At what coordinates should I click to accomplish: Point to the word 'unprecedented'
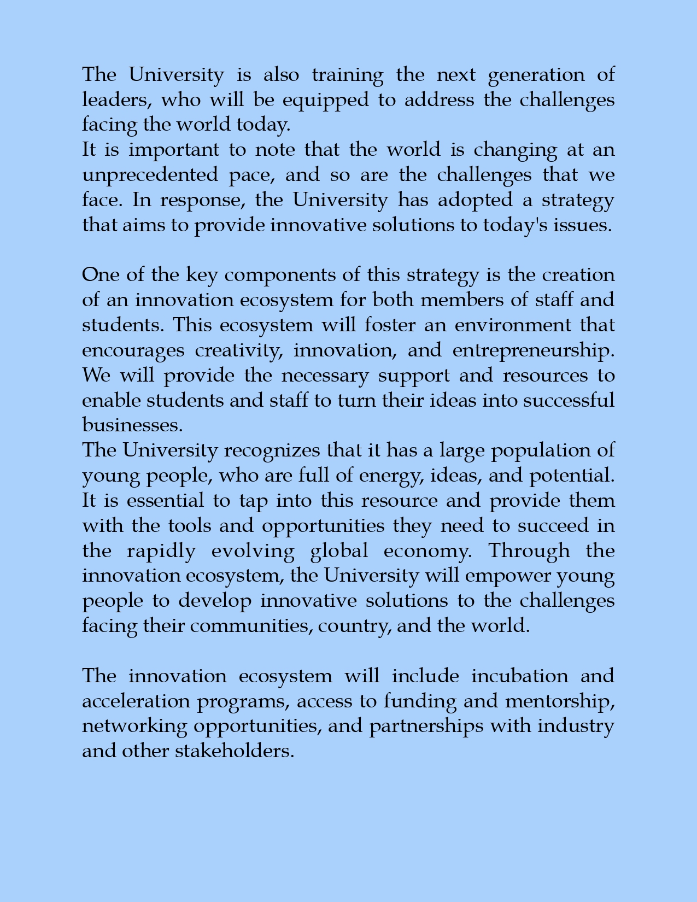[x=150, y=175]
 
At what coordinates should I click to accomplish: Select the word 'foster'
[x=390, y=325]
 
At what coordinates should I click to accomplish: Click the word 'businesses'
[x=132, y=425]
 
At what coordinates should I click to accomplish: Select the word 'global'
[x=339, y=551]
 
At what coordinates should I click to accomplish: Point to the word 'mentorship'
[x=559, y=701]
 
